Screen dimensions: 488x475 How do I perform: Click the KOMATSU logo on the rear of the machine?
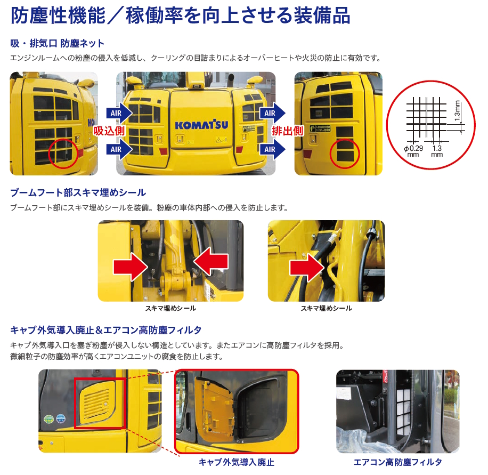[201, 125]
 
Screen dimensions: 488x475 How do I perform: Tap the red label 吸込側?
[109, 131]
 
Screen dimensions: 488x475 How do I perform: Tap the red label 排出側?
[288, 131]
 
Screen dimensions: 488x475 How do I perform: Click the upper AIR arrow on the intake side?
[119, 113]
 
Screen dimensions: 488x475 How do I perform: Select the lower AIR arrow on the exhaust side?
[273, 149]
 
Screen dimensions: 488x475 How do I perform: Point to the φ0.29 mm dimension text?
[413, 151]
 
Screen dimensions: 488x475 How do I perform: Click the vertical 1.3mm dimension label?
[457, 111]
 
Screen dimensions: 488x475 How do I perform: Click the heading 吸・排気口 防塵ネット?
[57, 43]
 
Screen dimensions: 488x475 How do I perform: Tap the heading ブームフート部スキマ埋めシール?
[78, 192]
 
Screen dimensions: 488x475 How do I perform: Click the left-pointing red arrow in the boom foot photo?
[211, 262]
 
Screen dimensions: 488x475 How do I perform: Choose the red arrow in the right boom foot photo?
[307, 268]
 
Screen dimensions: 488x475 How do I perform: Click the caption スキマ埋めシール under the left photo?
[170, 308]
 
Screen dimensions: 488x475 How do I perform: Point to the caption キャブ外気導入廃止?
[237, 462]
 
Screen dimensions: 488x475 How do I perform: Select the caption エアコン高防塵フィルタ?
[398, 462]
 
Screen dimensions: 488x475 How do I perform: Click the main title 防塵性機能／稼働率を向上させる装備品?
[181, 15]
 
